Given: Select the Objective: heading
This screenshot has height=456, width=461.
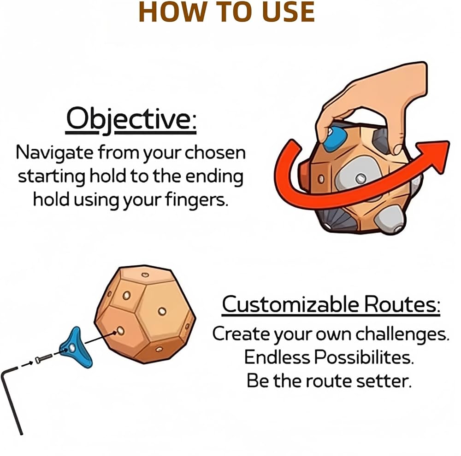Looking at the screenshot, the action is click(131, 120).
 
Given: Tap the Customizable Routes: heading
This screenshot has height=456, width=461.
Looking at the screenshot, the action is click(331, 304).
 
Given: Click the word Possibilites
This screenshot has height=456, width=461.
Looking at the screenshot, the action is click(364, 357).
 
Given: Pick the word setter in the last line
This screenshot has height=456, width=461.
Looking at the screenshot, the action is click(383, 381).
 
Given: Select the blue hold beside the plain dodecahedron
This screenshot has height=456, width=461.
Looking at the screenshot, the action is click(76, 348).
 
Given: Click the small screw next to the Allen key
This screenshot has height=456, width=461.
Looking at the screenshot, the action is click(44, 358).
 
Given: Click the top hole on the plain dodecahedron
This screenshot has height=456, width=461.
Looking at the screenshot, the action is click(145, 275).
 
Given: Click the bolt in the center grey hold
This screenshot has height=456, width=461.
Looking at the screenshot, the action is click(361, 178).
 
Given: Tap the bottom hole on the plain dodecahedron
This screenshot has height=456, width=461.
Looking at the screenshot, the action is click(159, 349).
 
